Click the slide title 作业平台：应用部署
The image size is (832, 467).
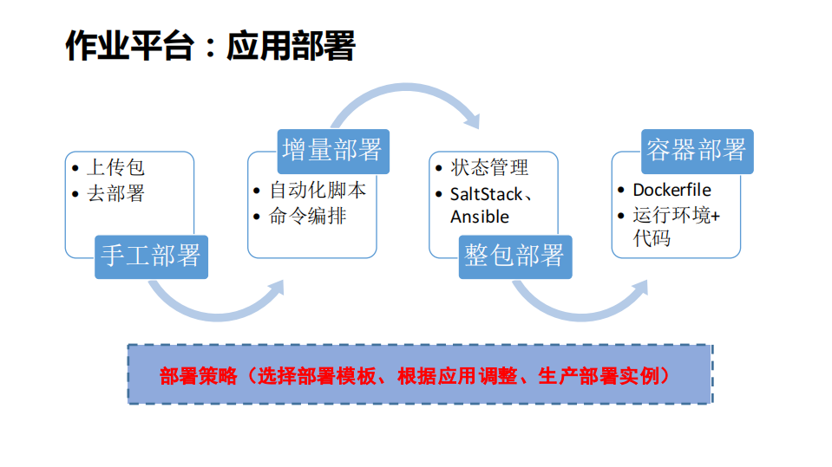tap(210, 46)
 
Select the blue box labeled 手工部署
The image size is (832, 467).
tap(151, 256)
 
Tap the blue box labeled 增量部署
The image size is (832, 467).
tap(332, 150)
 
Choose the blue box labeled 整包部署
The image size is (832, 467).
tap(514, 256)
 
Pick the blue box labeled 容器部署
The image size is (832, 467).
tap(697, 150)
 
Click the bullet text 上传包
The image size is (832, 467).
tap(115, 168)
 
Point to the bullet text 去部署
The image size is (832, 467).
tap(115, 193)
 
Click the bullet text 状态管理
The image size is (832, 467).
tap(489, 167)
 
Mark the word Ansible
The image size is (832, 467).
tap(480, 217)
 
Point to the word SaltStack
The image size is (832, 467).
tap(486, 192)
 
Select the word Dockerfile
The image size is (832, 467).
tap(671, 190)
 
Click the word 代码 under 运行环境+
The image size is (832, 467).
tap(652, 237)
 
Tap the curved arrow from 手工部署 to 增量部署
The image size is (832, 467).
tap(217, 308)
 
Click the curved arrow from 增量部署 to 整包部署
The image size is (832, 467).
tap(403, 95)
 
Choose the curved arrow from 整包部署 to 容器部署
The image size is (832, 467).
tap(581, 308)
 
